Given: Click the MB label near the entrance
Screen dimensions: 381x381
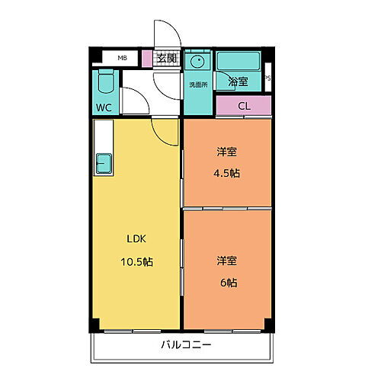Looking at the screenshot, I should click(x=122, y=57).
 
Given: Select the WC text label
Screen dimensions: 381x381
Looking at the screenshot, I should click(x=104, y=107).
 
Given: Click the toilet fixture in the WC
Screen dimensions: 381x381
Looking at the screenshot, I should click(x=105, y=82).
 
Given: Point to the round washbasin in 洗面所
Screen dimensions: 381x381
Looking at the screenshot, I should click(x=197, y=62).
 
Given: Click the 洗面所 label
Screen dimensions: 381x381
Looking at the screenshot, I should click(x=197, y=84).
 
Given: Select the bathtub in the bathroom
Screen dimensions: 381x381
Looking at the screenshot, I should click(x=239, y=61).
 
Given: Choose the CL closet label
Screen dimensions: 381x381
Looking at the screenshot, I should click(x=243, y=106).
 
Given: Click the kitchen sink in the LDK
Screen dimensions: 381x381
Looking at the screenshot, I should click(x=103, y=162).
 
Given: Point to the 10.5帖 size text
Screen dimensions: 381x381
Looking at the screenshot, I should click(x=137, y=261).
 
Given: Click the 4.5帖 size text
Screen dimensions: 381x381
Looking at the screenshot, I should click(x=226, y=173).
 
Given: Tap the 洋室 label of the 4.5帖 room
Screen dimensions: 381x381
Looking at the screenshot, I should click(x=227, y=151).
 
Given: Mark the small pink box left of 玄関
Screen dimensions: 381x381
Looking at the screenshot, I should click(x=146, y=57).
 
